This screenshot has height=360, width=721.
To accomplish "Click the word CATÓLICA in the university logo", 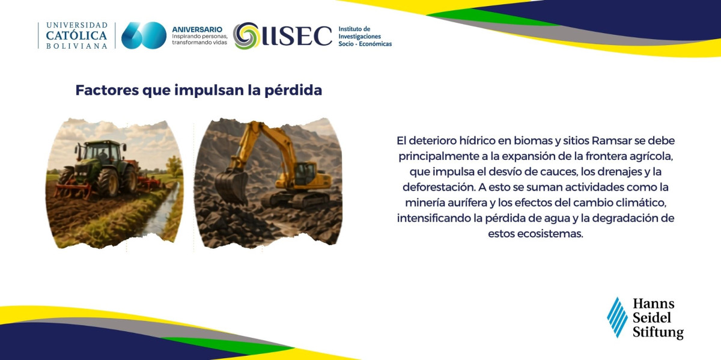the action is click(77, 35).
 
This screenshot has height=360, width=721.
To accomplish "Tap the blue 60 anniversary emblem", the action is click(144, 35).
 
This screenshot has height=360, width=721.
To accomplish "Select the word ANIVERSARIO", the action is click(197, 29).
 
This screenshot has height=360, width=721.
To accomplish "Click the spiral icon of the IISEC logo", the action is click(246, 35).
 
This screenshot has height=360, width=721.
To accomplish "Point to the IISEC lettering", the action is click(297, 35).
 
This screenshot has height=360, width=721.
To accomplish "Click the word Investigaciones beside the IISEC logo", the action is click(359, 37).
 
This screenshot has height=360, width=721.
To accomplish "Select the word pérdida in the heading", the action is click(293, 91).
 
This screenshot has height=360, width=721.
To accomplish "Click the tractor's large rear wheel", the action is click(108, 182).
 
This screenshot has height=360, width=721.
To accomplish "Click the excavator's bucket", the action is click(231, 186).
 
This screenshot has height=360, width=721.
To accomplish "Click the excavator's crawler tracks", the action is click(294, 200).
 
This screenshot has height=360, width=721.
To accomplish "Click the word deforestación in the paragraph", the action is click(439, 187).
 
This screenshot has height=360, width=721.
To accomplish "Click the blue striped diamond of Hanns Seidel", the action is click(617, 317).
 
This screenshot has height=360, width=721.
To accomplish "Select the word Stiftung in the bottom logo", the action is click(658, 332).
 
